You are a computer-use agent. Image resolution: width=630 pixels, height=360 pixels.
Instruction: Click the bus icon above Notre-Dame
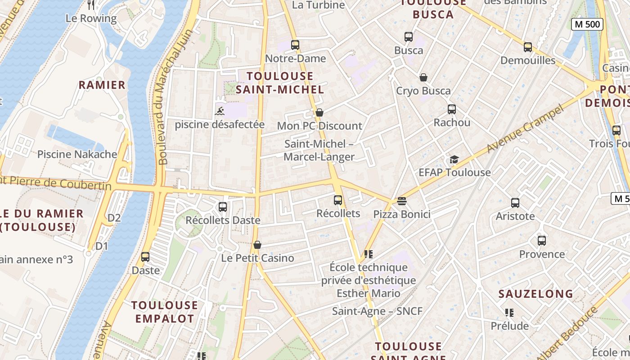[x=295, y=45]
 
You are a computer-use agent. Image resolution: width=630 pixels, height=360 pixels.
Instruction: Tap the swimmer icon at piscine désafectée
[x=220, y=111]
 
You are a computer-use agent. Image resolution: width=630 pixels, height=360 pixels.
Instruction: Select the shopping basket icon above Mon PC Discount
[x=319, y=112]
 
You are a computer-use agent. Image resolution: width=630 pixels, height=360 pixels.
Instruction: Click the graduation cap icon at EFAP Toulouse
[x=454, y=160]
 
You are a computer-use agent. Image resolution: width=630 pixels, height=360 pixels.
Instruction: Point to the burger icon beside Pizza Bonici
[x=402, y=201]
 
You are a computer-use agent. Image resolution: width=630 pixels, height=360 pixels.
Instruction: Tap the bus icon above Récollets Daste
[x=223, y=207]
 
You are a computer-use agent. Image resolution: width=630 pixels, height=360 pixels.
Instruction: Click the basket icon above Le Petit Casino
[x=257, y=245]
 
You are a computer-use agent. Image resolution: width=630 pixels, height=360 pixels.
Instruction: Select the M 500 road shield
[x=587, y=24]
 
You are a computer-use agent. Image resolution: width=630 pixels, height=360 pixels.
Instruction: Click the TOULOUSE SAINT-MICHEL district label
[x=279, y=83]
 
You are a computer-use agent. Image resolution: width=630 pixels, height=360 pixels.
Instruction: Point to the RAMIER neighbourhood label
[x=102, y=85]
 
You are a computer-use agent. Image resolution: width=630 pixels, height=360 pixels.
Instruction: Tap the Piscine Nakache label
[x=77, y=154]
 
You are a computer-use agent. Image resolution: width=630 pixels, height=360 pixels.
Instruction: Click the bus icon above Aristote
[x=515, y=203]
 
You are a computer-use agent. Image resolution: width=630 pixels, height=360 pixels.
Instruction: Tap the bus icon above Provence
[x=542, y=241]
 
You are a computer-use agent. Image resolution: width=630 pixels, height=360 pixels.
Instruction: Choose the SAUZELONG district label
[x=535, y=294]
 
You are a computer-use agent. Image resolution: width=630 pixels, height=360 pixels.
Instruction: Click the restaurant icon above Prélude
[x=509, y=312]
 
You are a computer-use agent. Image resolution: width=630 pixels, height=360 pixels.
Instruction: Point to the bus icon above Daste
[x=145, y=257]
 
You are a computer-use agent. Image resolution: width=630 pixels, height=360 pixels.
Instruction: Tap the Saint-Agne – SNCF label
[x=377, y=311]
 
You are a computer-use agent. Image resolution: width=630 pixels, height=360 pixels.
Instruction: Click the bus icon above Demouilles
[x=528, y=47]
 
